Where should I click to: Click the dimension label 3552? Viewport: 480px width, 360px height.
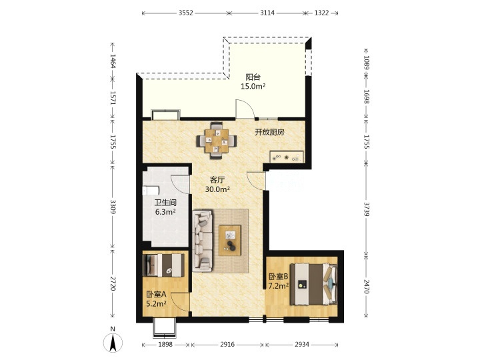click(x=186, y=13)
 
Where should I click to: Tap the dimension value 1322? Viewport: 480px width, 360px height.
click(x=321, y=13)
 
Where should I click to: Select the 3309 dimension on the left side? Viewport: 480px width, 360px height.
click(x=113, y=207)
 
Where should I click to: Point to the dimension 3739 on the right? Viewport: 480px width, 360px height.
click(x=366, y=209)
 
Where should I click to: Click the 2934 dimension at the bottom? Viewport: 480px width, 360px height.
click(x=302, y=345)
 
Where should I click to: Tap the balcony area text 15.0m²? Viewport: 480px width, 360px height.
click(x=253, y=86)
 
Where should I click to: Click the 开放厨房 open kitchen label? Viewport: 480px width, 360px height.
click(x=270, y=132)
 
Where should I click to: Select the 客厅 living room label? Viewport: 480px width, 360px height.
click(x=217, y=180)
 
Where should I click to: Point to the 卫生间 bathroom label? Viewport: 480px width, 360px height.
click(x=165, y=203)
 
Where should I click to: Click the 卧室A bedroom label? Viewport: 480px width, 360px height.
click(x=156, y=295)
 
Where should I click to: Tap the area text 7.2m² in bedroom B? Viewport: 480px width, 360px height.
click(x=279, y=286)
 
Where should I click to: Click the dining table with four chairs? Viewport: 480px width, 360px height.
click(x=217, y=141)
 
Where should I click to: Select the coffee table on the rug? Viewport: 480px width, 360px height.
click(x=230, y=240)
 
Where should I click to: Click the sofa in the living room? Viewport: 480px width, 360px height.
click(x=203, y=241)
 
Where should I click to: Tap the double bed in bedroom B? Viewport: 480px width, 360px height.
click(x=314, y=285)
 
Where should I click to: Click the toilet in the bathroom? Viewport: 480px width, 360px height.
click(x=151, y=191)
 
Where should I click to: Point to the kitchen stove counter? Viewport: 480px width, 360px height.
click(x=287, y=157)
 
